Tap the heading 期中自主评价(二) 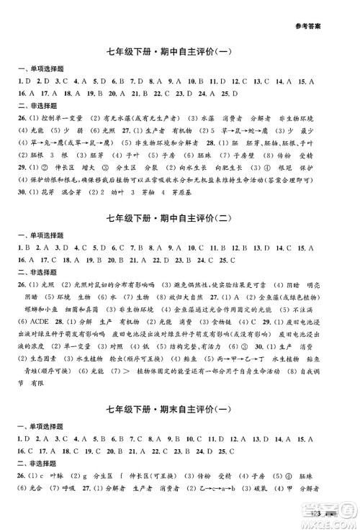[x=204, y=217]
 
